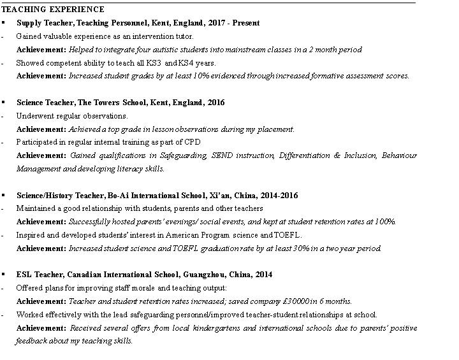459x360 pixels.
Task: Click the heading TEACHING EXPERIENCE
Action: coord(53,10)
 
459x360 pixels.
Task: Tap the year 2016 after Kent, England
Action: coord(215,103)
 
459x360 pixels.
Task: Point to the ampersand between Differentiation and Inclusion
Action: coord(337,155)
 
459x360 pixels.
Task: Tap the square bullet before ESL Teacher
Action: coord(4,275)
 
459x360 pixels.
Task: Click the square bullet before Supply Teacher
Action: coord(4,23)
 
